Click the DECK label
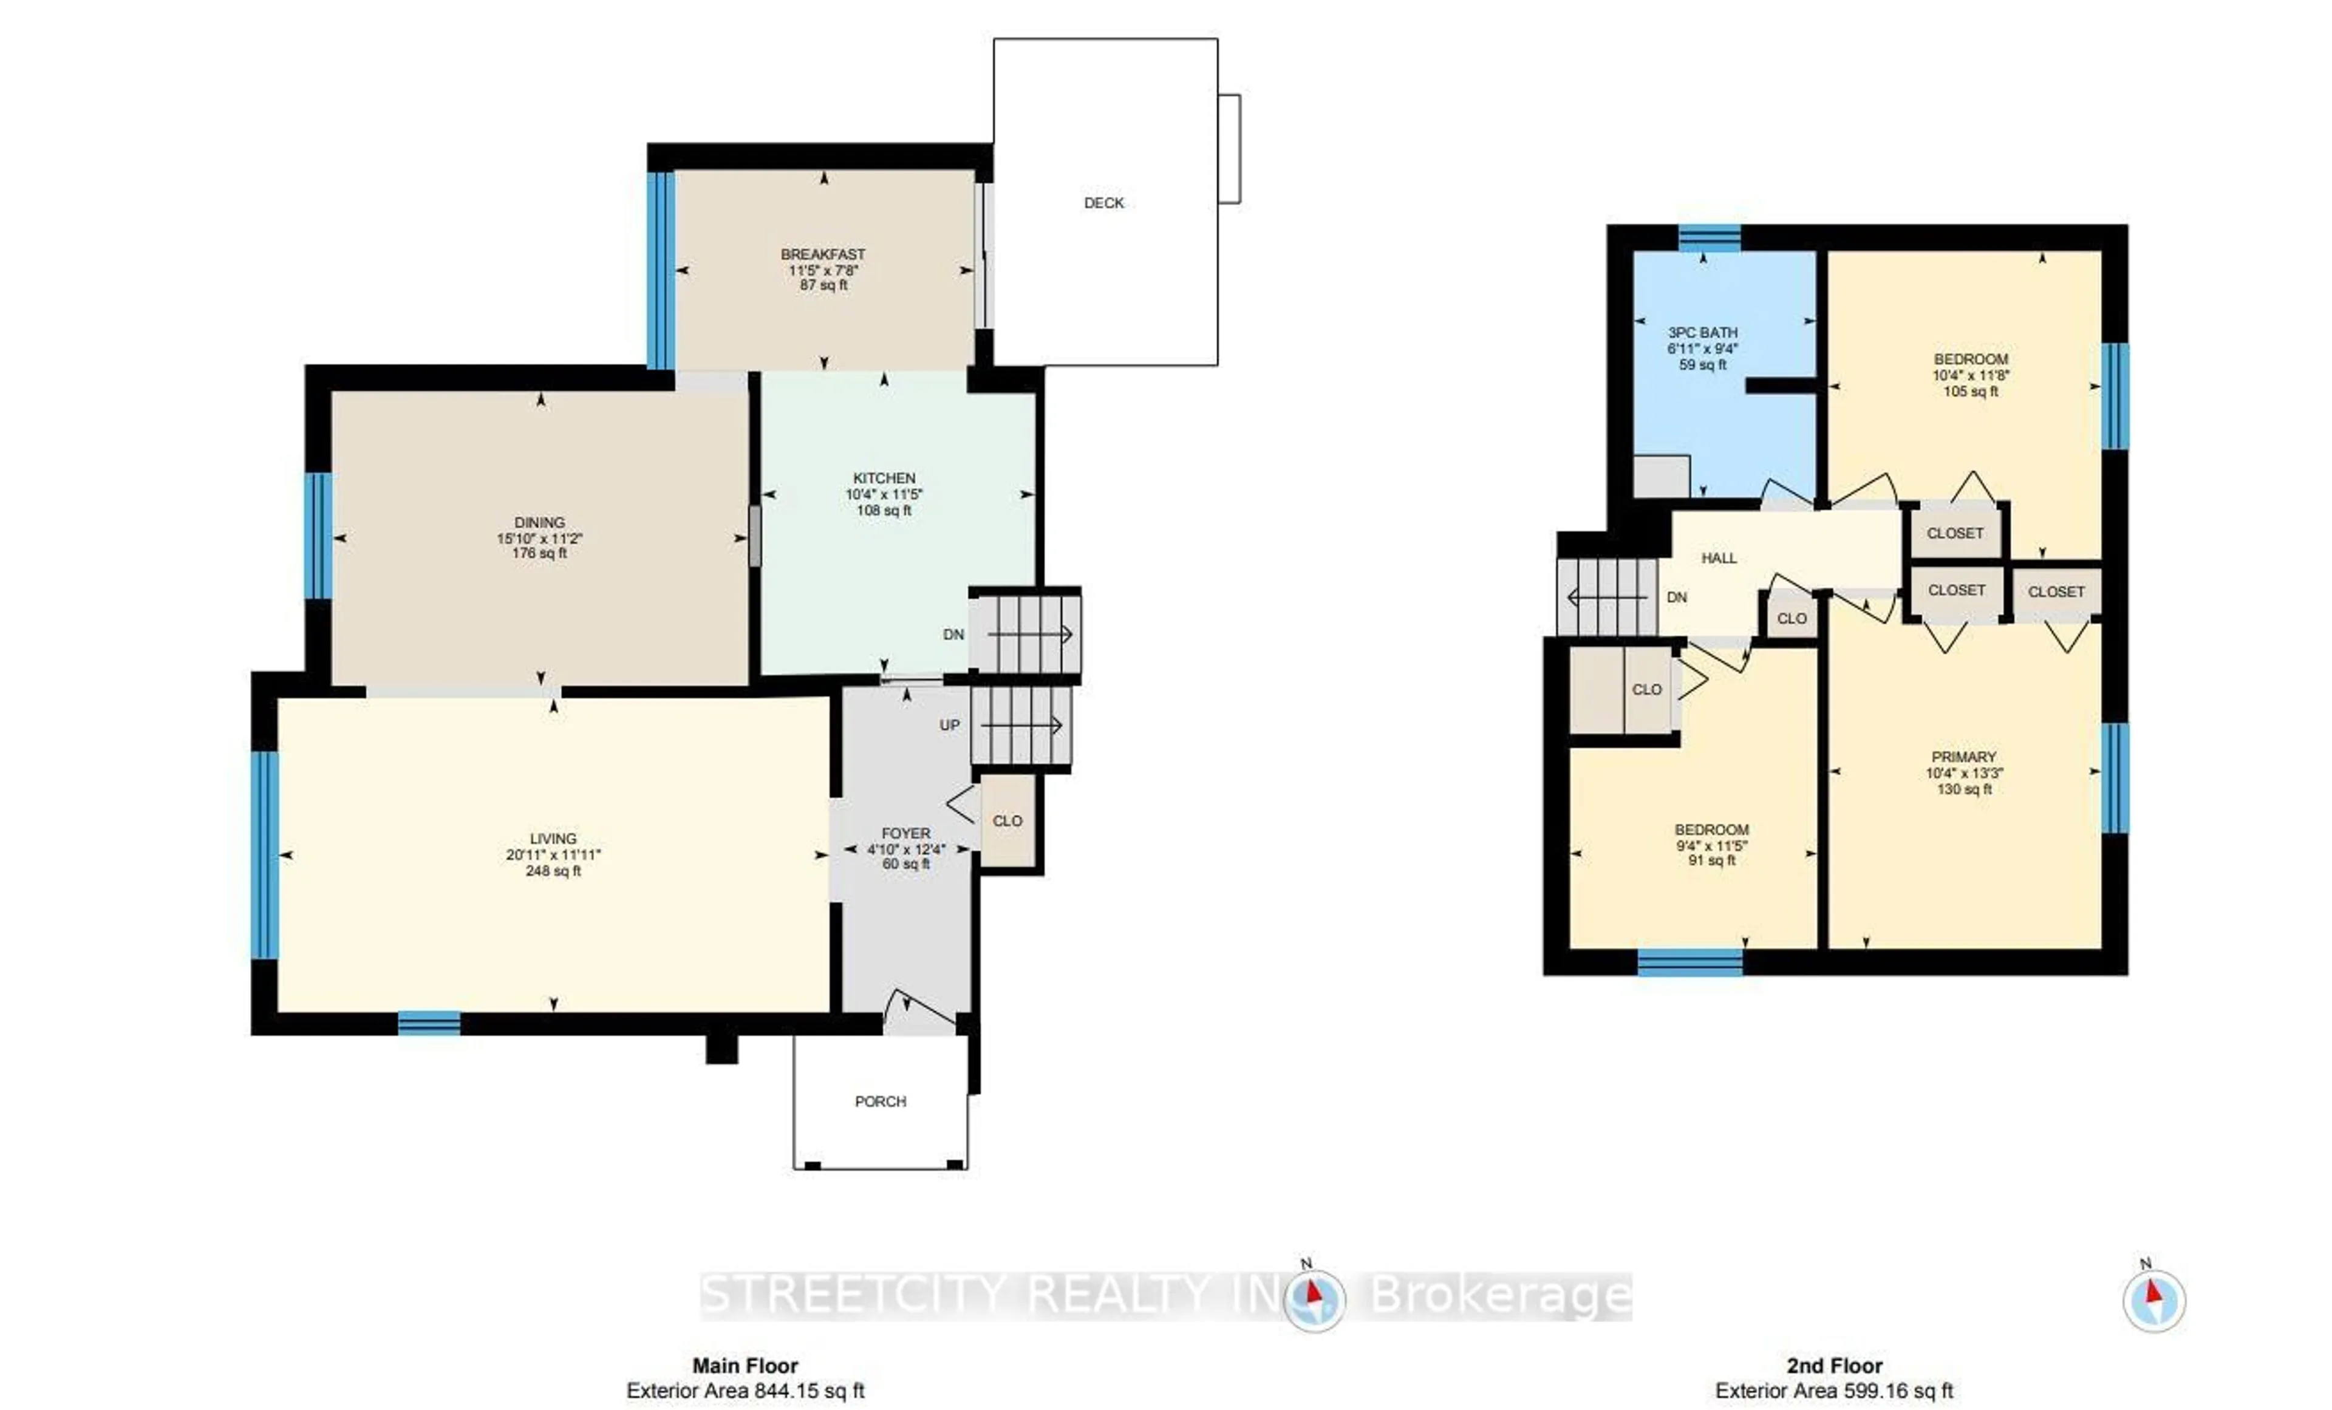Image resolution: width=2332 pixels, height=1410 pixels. (1103, 202)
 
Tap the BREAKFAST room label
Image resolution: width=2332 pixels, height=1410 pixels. (822, 254)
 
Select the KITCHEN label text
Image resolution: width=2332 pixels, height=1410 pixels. (884, 478)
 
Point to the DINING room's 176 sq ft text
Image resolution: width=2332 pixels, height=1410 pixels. (539, 553)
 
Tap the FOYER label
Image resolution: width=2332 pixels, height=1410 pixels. (905, 833)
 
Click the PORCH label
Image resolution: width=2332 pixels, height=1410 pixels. (880, 1102)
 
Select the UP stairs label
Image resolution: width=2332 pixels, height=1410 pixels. (949, 725)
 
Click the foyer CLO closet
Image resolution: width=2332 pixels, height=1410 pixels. (1007, 820)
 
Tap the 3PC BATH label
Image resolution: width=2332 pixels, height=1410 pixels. (1703, 332)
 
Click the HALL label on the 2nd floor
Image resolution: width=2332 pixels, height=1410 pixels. (1719, 558)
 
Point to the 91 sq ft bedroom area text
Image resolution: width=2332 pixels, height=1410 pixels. (1711, 860)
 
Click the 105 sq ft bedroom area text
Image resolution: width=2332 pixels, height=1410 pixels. (1971, 391)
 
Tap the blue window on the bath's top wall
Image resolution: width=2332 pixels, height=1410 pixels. (1710, 237)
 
